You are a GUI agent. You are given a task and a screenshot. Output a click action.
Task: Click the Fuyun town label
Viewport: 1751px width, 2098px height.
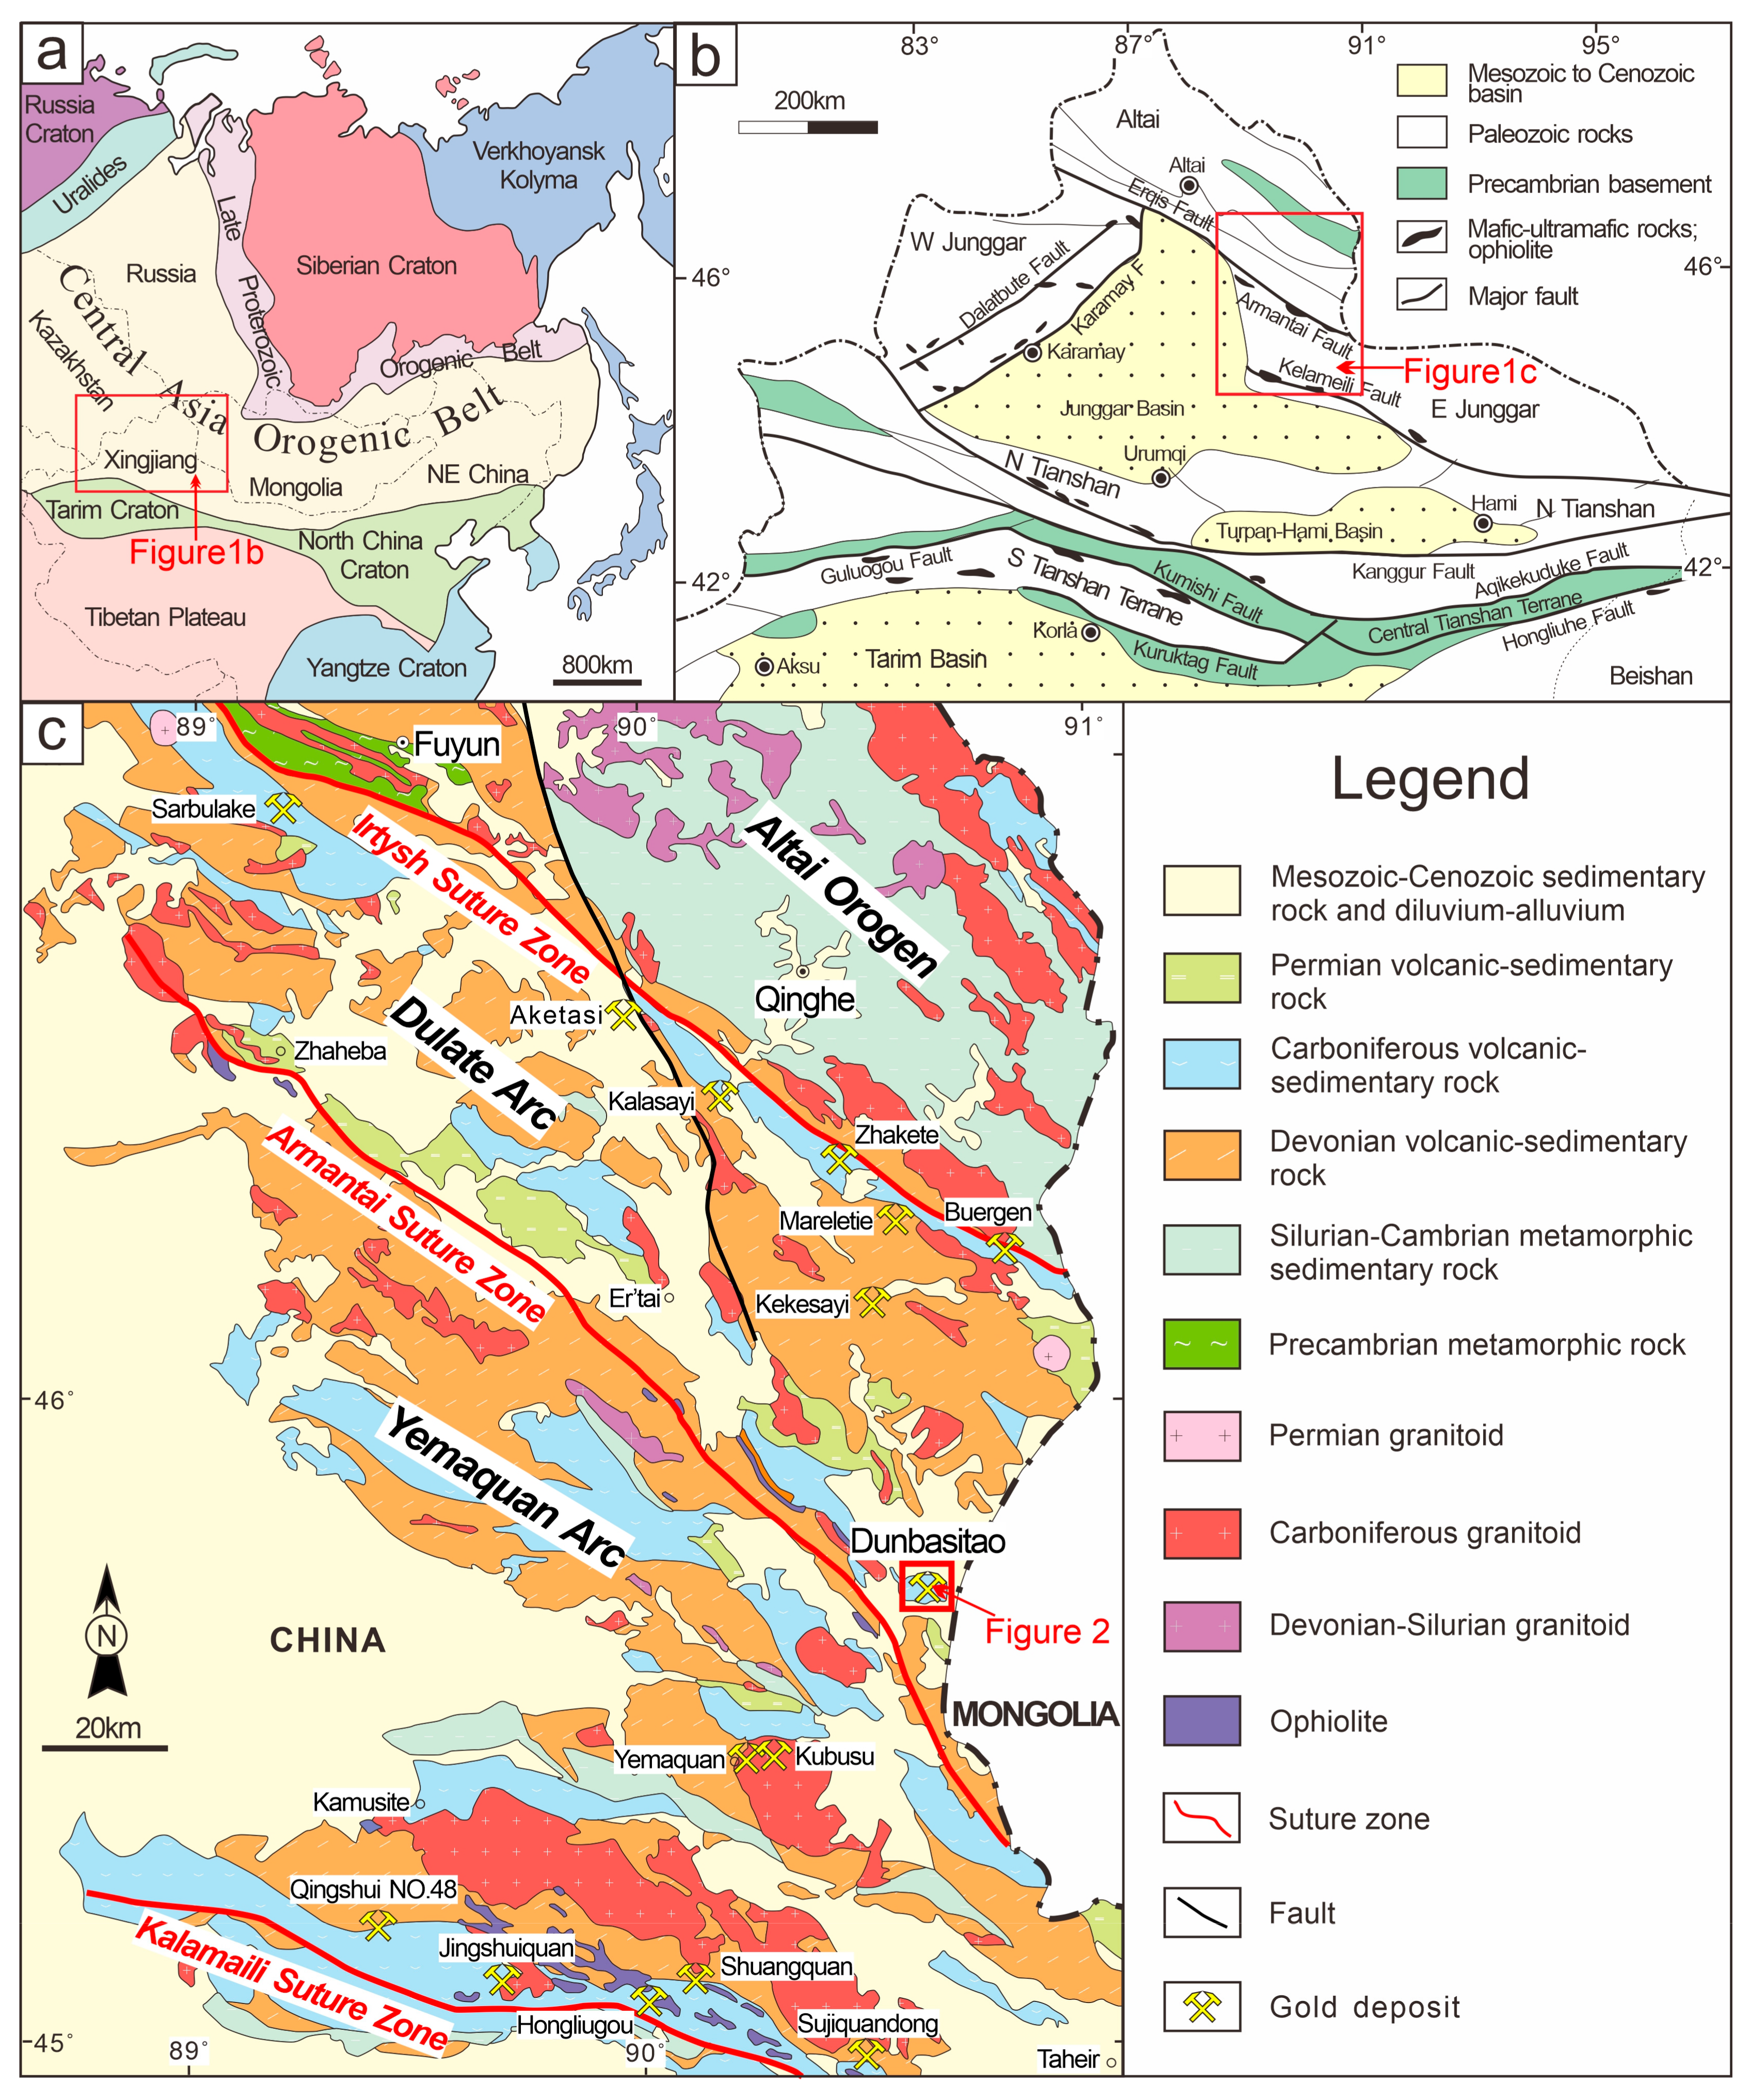456,744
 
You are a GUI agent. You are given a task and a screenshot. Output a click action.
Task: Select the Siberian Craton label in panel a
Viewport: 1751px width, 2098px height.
376,266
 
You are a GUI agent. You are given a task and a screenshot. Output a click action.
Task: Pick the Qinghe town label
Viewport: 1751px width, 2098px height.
804,999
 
